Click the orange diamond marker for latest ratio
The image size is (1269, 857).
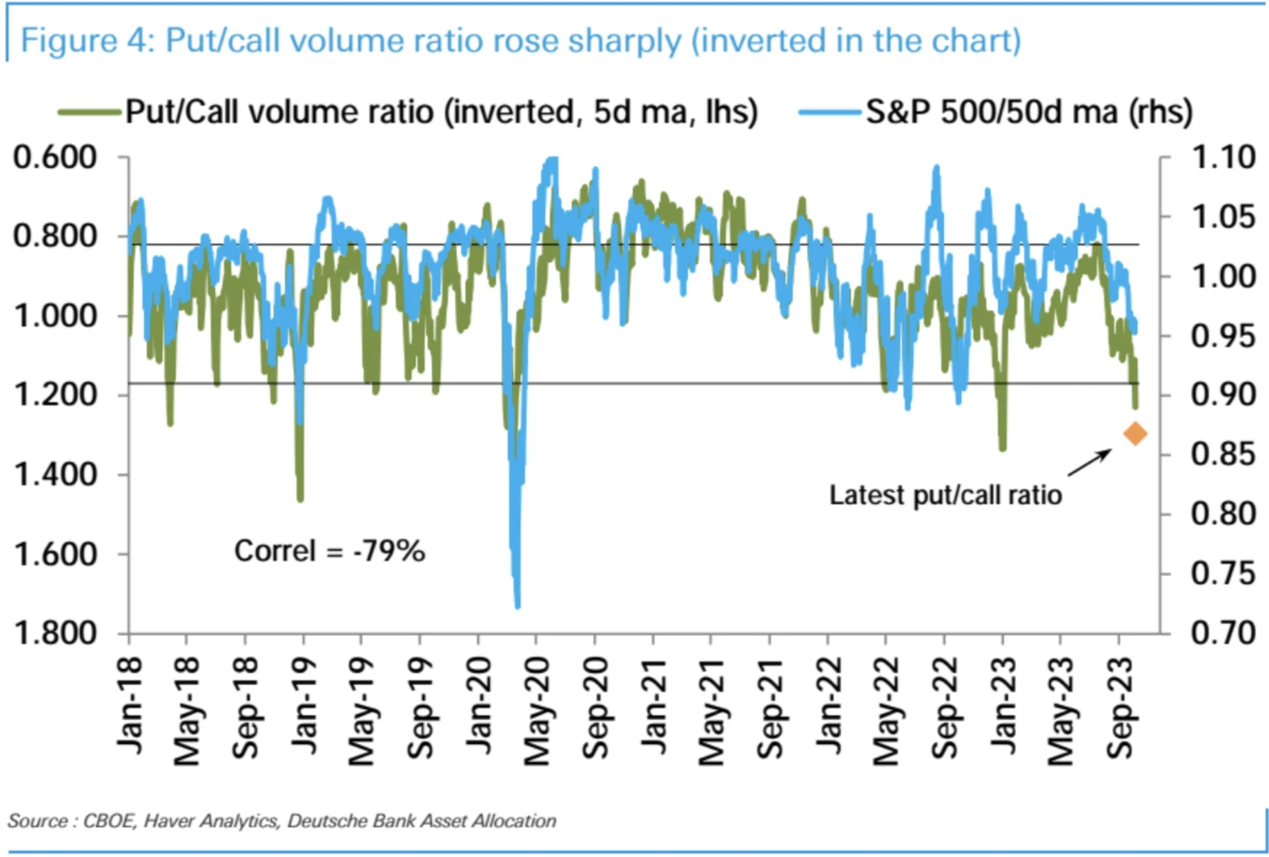coord(1135,433)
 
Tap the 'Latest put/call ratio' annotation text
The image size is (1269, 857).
coord(945,495)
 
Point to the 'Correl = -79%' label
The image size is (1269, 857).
coord(329,552)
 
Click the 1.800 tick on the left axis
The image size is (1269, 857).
coord(55,634)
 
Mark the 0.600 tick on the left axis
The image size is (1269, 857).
coord(55,157)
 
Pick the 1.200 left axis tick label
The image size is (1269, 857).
coord(55,394)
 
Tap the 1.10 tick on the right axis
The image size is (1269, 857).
coord(1222,157)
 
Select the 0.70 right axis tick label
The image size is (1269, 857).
coord(1222,633)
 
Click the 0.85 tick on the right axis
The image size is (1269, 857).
coord(1222,454)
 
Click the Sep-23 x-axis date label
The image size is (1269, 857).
coord(1120,709)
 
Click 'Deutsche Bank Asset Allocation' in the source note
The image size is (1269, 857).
coord(422,821)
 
